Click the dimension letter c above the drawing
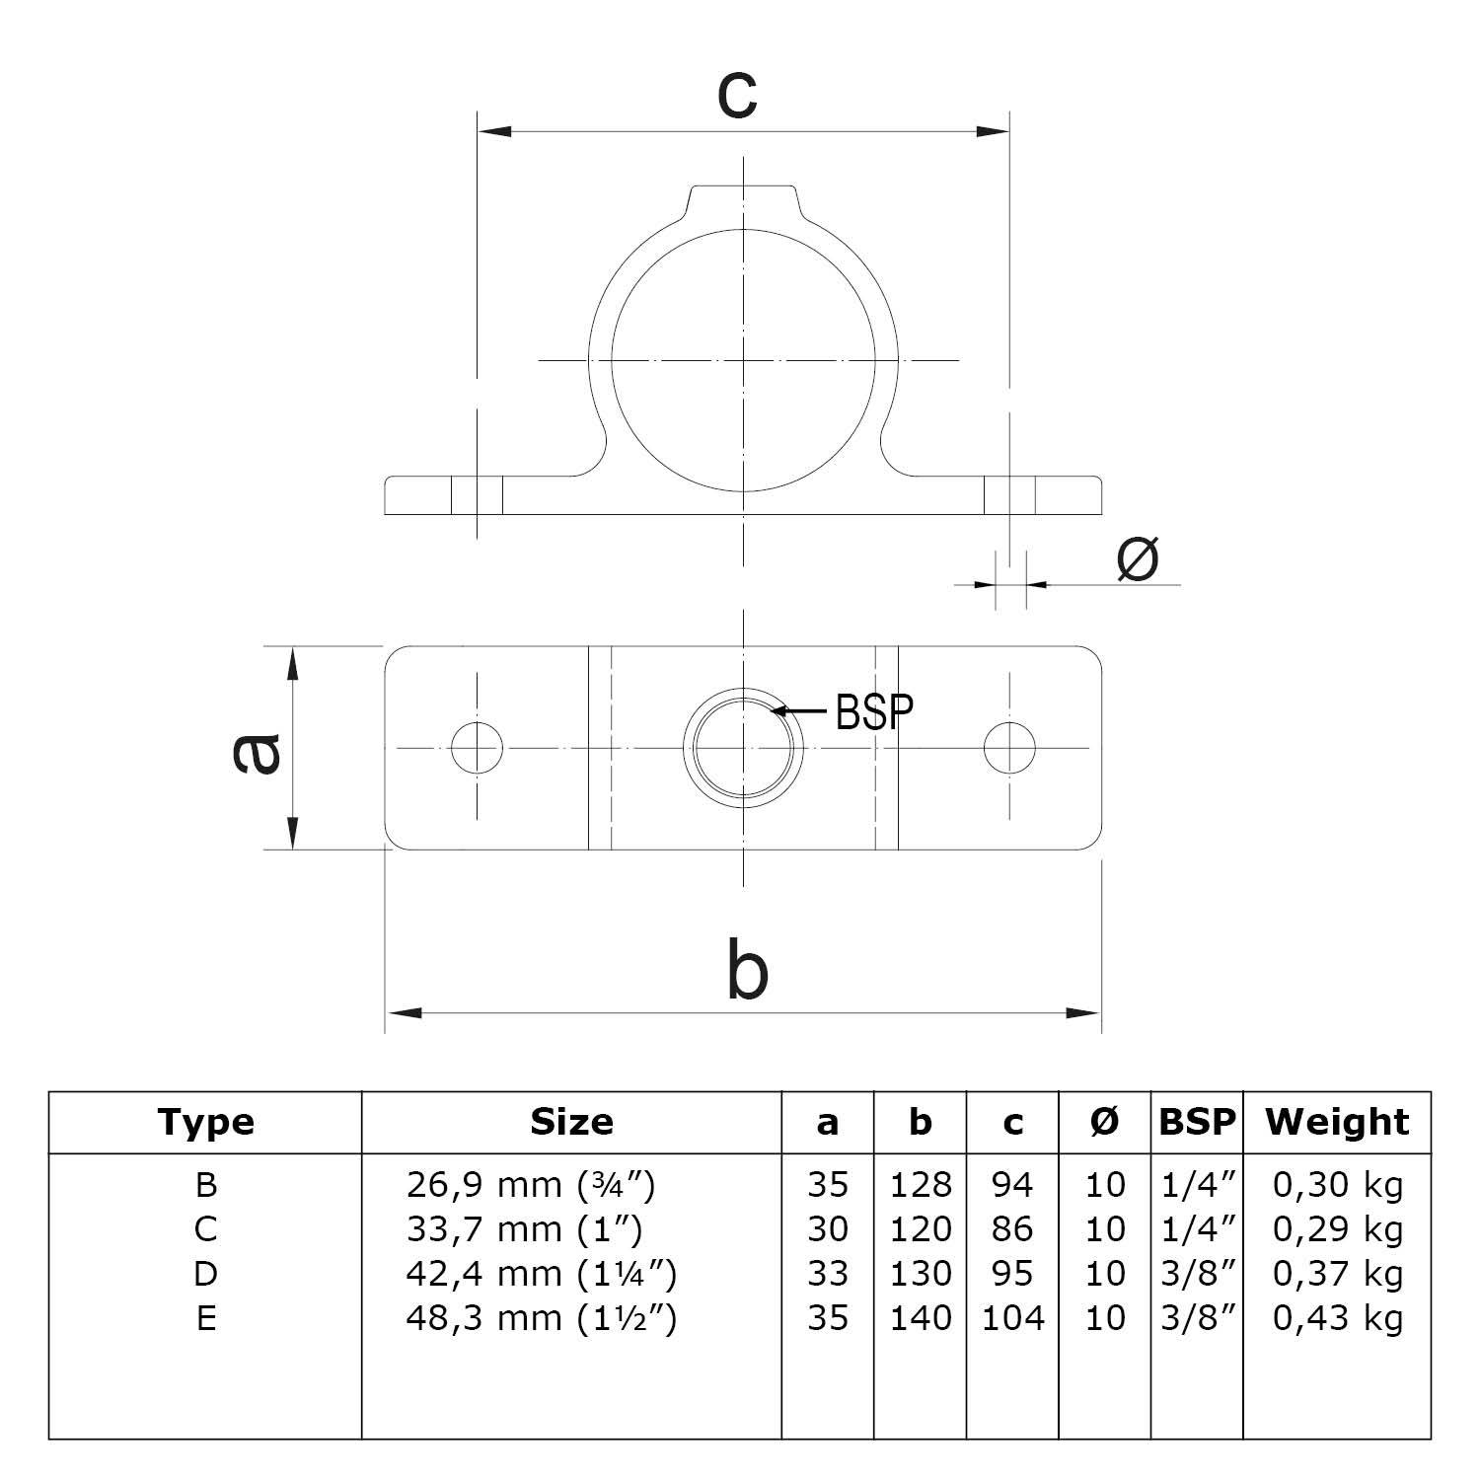(737, 96)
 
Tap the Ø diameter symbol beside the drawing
(1137, 558)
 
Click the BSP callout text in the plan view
(874, 710)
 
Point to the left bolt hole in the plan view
(477, 747)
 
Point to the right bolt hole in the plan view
(1009, 747)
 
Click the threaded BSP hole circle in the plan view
(743, 747)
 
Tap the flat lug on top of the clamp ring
(743, 196)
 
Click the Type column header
(205, 1122)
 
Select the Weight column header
(1337, 1122)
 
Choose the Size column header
(571, 1122)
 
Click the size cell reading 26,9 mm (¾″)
(531, 1184)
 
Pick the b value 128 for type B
(921, 1184)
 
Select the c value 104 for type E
(1012, 1318)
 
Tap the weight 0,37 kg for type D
(1337, 1274)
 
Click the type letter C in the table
(205, 1229)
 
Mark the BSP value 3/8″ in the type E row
(1197, 1318)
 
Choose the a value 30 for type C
(827, 1229)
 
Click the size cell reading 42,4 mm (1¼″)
(542, 1274)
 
